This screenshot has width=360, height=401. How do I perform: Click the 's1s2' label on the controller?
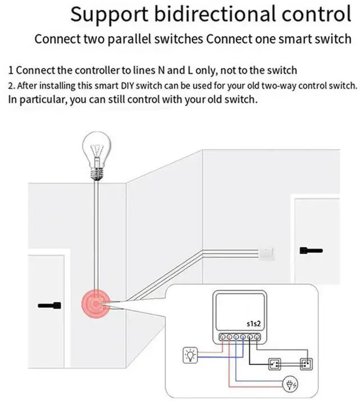tap(255, 325)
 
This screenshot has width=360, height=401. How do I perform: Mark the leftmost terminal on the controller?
tap(223, 336)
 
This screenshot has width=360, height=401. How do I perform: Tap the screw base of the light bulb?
tap(97, 168)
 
